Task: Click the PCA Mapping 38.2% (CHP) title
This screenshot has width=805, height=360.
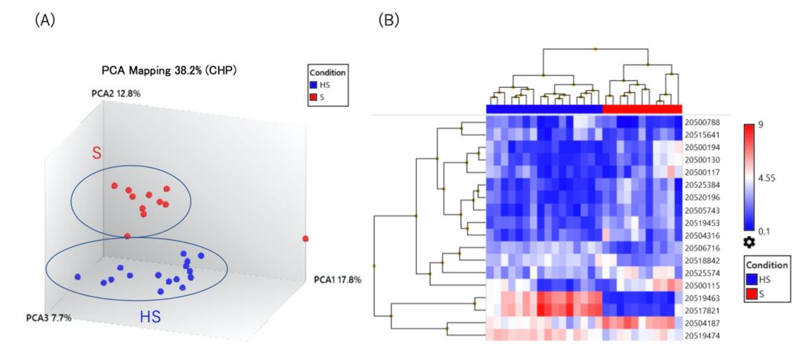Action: tap(169, 71)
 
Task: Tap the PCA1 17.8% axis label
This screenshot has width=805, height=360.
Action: tap(338, 280)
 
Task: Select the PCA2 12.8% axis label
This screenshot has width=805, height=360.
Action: tap(116, 94)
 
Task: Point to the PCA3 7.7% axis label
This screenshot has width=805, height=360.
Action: tap(49, 318)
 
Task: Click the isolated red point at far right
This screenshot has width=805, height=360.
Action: tap(305, 239)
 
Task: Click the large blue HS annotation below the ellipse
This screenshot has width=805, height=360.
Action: tap(150, 317)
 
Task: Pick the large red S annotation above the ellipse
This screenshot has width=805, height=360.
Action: tap(97, 153)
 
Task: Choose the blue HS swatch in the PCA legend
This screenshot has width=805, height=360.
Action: tap(313, 85)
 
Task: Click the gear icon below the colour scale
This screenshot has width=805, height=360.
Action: tap(749, 243)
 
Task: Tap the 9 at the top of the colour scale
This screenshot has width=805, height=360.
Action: tap(761, 124)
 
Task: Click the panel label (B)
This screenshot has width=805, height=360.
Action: tap(389, 20)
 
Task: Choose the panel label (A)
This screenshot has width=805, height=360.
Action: tap(45, 20)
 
